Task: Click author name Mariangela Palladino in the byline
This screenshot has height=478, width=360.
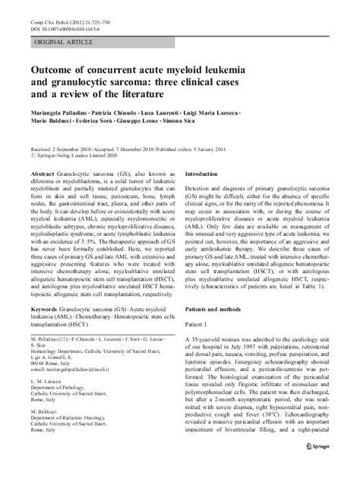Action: [x=49, y=111]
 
